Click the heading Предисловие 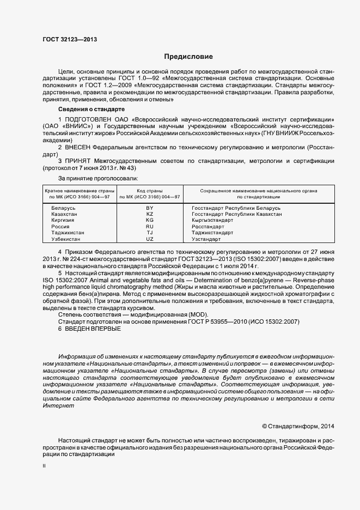188,57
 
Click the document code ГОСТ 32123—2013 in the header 66,40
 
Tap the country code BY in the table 150,208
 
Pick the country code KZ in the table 150,214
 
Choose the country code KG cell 150,220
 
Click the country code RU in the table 150,226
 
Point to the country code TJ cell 150,232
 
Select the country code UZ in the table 150,239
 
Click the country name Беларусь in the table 64,208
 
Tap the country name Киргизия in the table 64,220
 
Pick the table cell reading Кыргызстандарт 215,220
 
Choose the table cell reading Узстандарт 206,239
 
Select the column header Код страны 150,191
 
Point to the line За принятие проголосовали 97,178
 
